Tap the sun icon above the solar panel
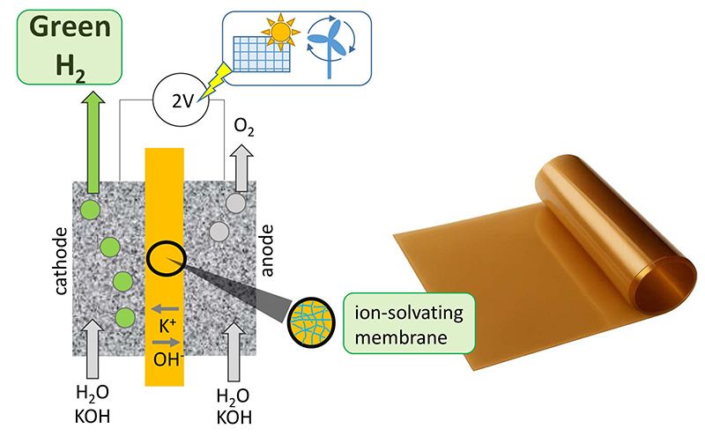(280, 33)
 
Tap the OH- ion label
(165, 359)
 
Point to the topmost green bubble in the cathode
(89, 211)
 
